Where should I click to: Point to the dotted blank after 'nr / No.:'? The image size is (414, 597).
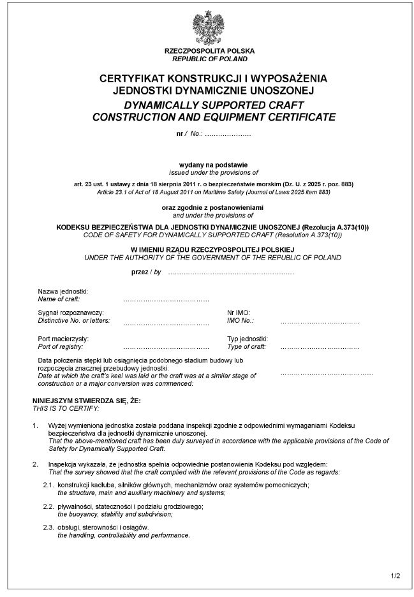click(x=228, y=135)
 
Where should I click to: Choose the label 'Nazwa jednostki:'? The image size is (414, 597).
click(x=63, y=291)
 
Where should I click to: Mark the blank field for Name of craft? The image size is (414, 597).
click(x=166, y=299)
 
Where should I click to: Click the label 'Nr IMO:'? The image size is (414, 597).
click(x=239, y=313)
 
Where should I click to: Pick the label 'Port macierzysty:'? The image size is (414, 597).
click(x=63, y=339)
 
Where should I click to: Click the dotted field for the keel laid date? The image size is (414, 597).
click(x=327, y=372)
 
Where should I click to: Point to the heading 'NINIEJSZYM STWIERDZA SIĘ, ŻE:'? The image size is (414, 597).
click(x=87, y=400)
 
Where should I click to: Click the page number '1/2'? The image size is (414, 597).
click(x=396, y=577)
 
